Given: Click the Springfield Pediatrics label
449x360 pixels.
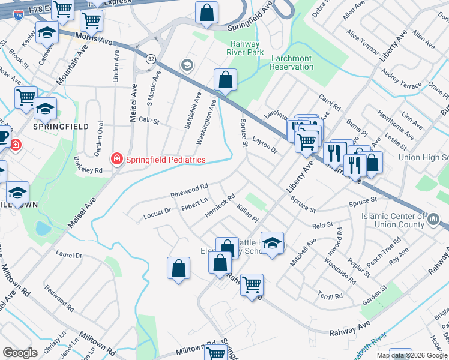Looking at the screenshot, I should pyautogui.click(x=164, y=160).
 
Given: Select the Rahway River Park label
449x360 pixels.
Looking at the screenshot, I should pyautogui.click(x=245, y=48).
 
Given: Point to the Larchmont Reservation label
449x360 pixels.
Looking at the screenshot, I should pyautogui.click(x=292, y=62).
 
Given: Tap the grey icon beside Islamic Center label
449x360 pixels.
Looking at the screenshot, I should pyautogui.click(x=434, y=220).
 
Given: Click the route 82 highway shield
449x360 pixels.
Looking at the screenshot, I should pyautogui.click(x=151, y=58).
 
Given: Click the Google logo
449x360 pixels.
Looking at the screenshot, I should pyautogui.click(x=20, y=353).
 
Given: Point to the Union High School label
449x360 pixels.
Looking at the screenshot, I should pyautogui.click(x=424, y=158).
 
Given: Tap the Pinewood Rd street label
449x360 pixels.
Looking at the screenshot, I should pyautogui.click(x=189, y=191).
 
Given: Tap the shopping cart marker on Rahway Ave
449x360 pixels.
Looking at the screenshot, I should pyautogui.click(x=252, y=284).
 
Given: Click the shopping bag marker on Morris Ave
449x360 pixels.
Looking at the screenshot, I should pyautogui.click(x=225, y=80).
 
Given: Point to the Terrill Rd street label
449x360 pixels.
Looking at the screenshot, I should pyautogui.click(x=330, y=296).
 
